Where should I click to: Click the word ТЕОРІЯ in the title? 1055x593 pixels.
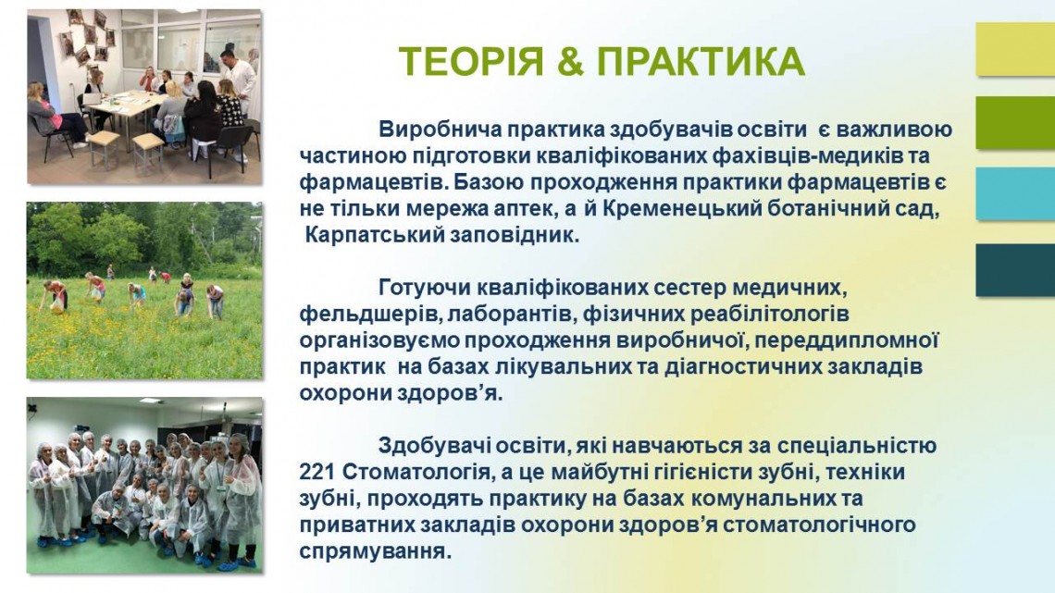tap(471, 62)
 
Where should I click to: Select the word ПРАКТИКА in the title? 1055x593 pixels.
tap(701, 62)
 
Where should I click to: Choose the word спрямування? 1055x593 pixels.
tap(374, 552)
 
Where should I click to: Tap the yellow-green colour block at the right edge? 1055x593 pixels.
tap(1015, 49)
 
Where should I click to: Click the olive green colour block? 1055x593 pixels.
tap(1015, 122)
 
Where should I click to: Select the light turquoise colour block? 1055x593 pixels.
tap(1015, 193)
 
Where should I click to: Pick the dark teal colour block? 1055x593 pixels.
tap(1015, 269)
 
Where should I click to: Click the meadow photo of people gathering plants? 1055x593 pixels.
tap(144, 290)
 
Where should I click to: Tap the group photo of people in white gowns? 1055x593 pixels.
tap(144, 485)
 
